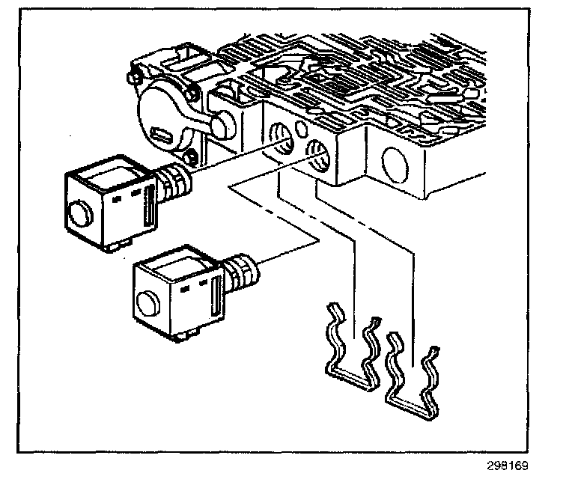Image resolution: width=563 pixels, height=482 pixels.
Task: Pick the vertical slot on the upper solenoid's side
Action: [x=150, y=204]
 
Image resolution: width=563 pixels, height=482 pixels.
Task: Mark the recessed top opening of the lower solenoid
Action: [x=175, y=263]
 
